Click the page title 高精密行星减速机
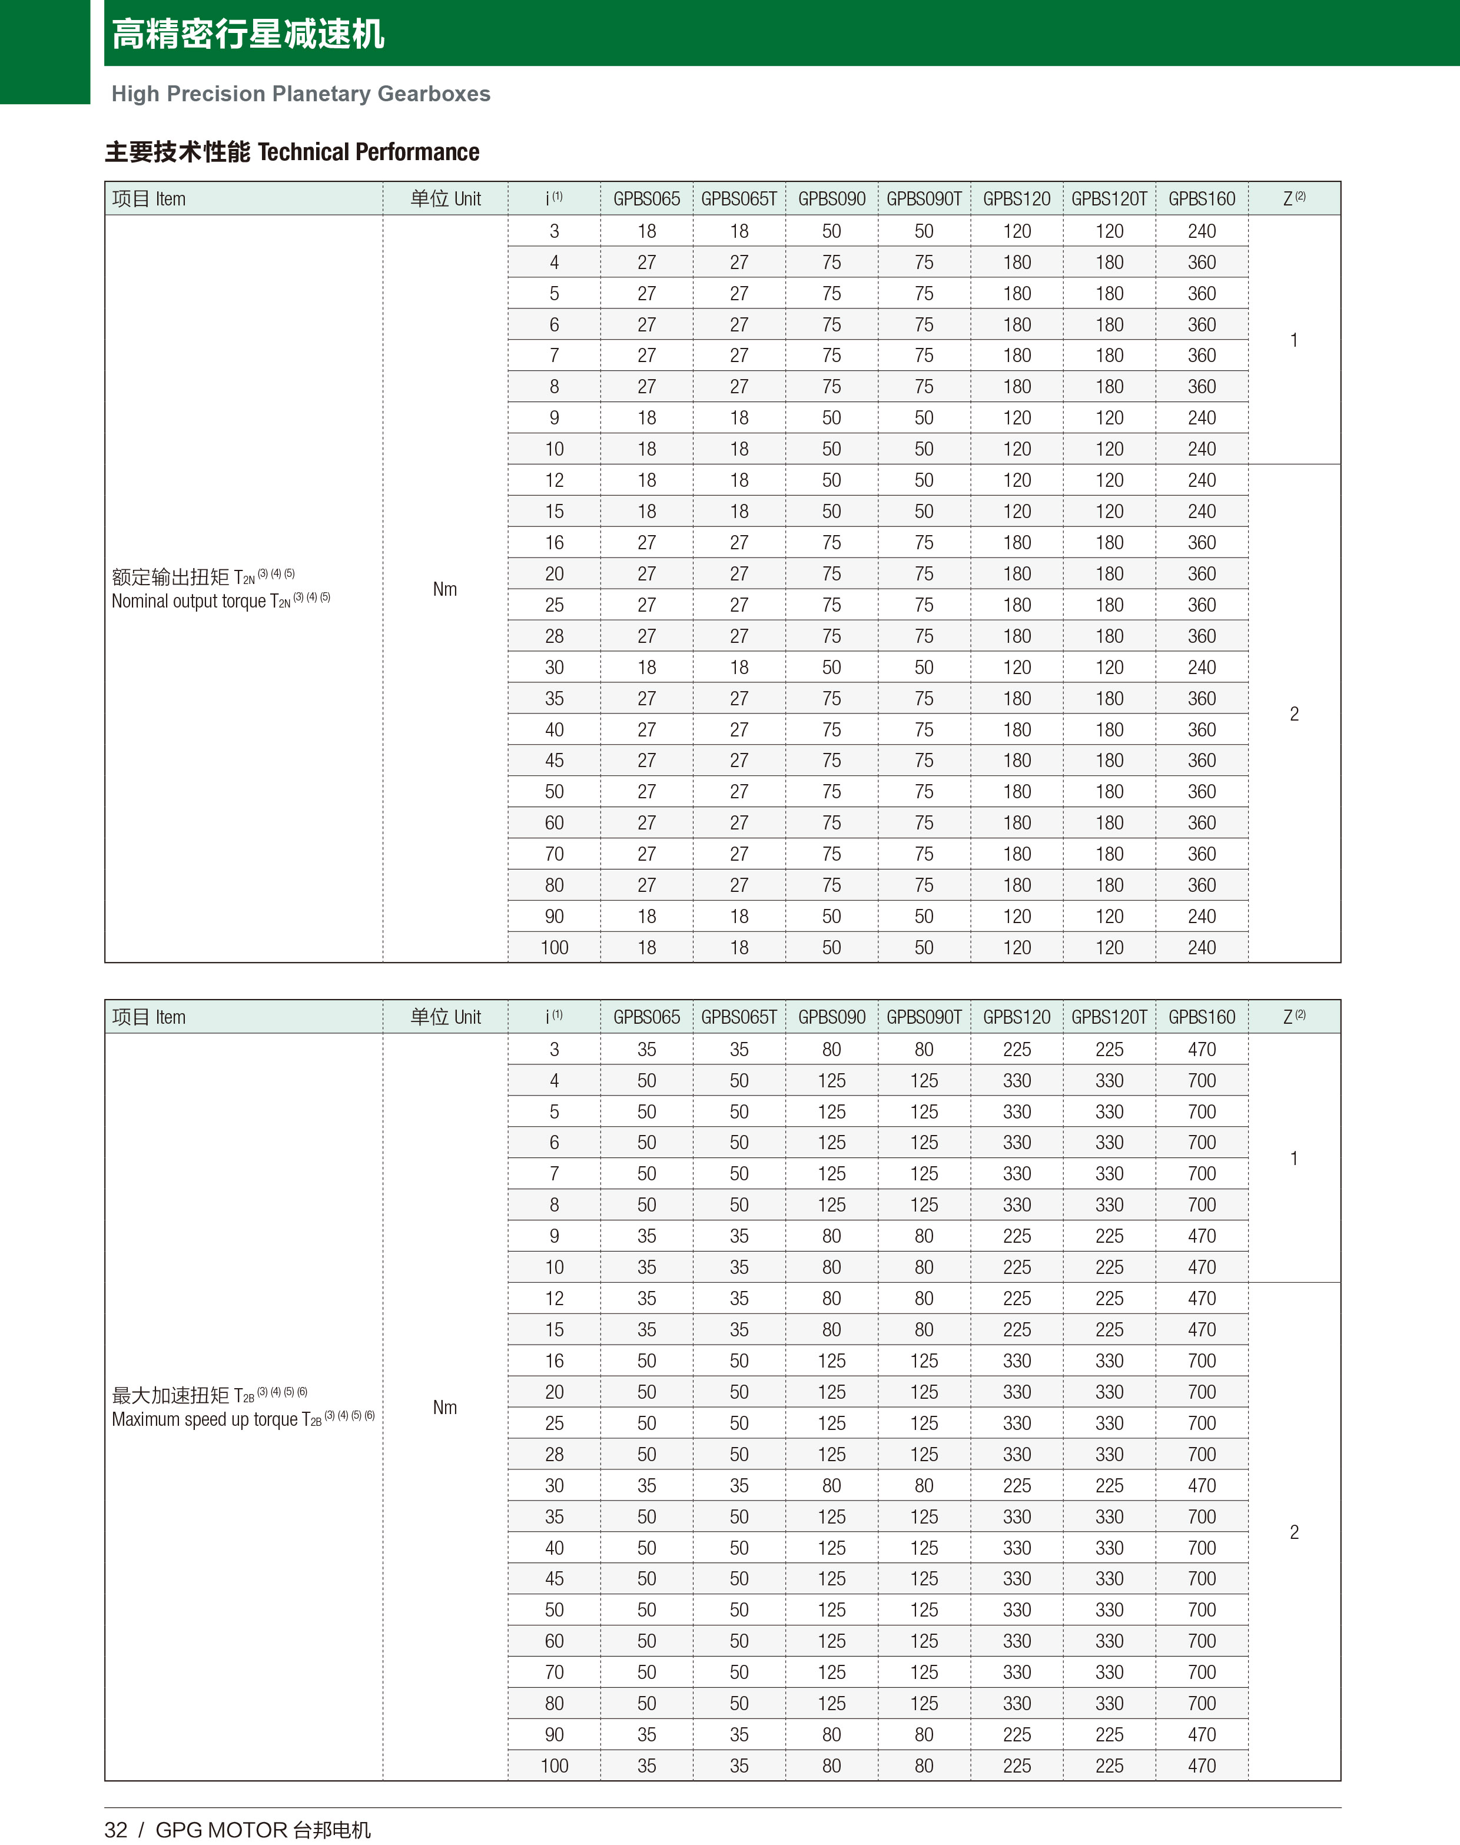[x=248, y=34]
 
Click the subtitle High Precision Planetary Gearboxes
[x=301, y=94]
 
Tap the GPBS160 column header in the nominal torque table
[x=1201, y=199]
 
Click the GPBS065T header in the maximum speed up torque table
[x=739, y=1017]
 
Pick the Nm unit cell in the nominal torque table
[x=444, y=589]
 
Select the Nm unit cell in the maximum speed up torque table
[x=444, y=1408]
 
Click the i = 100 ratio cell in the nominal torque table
[x=554, y=948]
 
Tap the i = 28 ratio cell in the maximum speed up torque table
[x=554, y=1455]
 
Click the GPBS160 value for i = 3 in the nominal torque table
[x=1201, y=231]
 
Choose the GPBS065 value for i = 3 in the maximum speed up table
[x=646, y=1050]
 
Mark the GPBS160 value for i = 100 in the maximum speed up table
[x=1201, y=1766]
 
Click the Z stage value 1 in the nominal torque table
[x=1293, y=340]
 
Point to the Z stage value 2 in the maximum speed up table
[x=1293, y=1532]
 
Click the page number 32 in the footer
[x=115, y=1830]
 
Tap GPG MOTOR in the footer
[x=221, y=1830]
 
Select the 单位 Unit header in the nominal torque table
[x=444, y=199]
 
